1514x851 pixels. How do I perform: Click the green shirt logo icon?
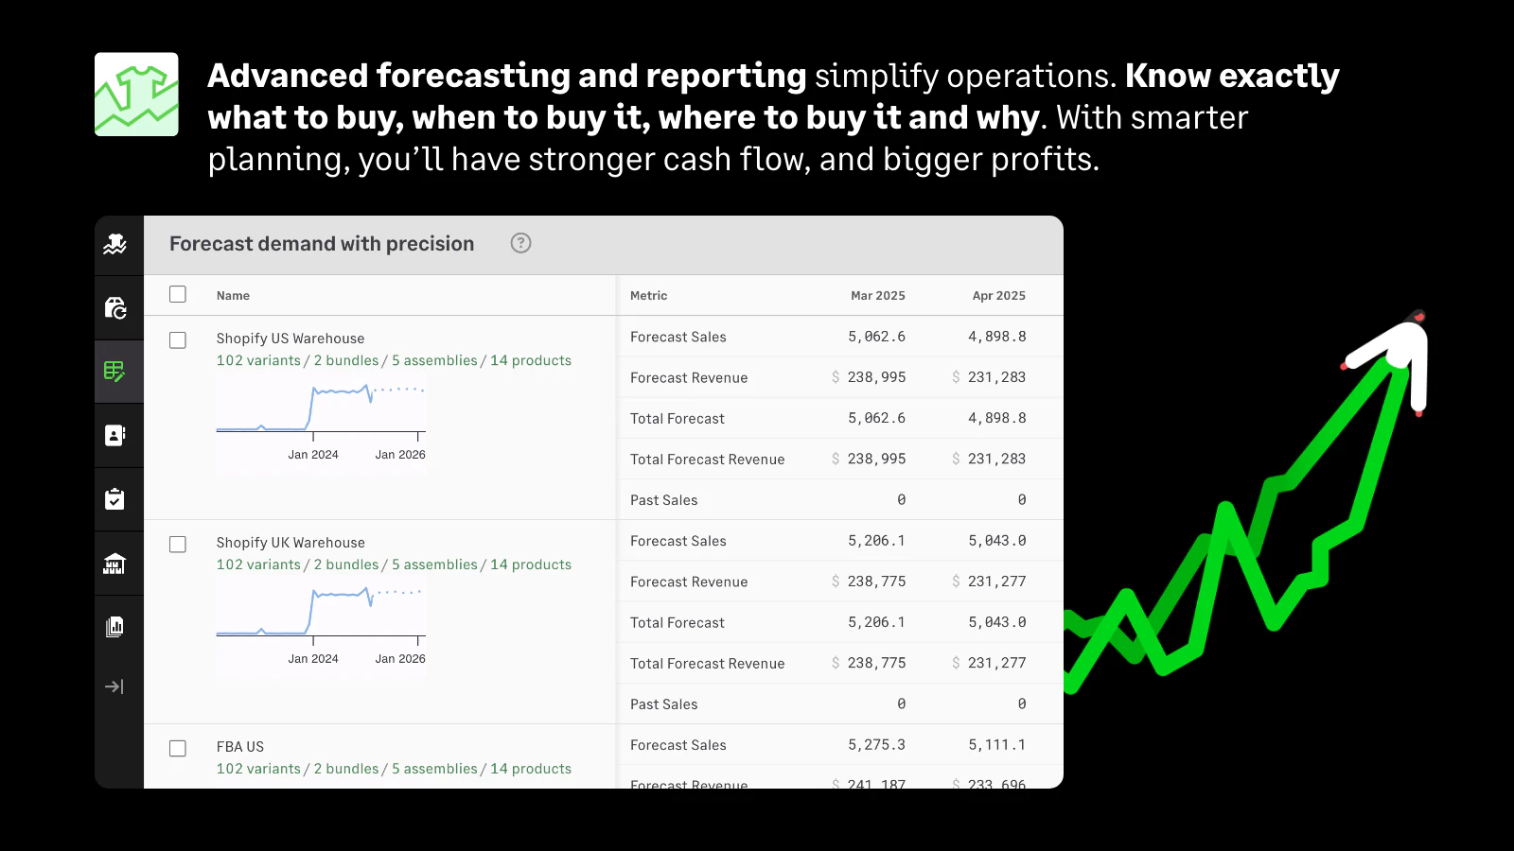pos(136,95)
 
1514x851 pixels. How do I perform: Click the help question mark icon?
pos(520,243)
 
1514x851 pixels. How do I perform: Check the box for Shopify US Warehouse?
pos(178,339)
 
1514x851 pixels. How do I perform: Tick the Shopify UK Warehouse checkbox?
pos(178,544)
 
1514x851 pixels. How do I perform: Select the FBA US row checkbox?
pos(178,748)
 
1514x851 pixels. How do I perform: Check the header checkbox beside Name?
pos(178,294)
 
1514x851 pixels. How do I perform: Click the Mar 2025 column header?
pos(877,296)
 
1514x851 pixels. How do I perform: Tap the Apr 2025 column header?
pos(998,296)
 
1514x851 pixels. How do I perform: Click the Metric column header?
pos(648,296)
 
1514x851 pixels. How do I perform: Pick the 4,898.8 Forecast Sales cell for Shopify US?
pos(996,337)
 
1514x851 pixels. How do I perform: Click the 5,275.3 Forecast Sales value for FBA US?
pos(876,745)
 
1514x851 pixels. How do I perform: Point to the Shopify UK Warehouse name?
pos(290,543)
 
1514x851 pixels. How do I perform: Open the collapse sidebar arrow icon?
pos(114,686)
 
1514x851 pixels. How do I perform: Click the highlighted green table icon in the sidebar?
pos(114,372)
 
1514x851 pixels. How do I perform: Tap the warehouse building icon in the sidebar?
pos(114,564)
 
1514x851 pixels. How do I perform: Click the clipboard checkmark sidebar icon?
pos(114,499)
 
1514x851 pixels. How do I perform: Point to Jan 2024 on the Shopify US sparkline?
pos(313,455)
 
